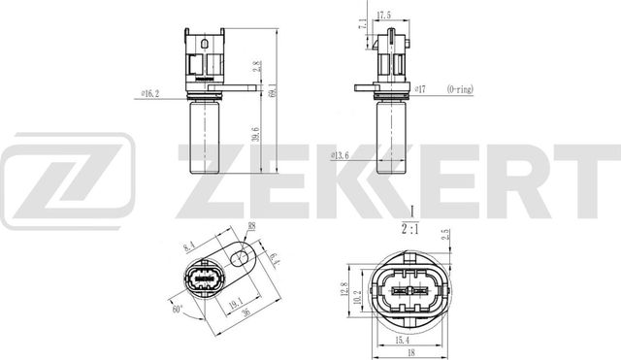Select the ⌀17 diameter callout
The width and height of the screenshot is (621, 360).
click(420, 88)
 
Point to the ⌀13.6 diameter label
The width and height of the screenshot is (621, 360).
click(340, 154)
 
